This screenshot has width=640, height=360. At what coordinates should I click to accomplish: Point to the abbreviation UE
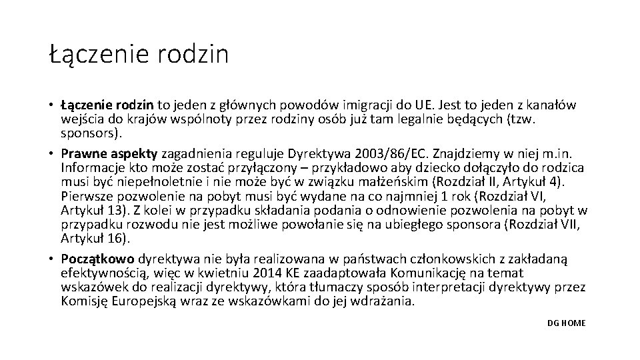click(x=424, y=105)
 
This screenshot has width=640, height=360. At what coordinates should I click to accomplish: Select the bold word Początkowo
click(x=97, y=259)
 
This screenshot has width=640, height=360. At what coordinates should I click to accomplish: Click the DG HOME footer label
click(x=566, y=323)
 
